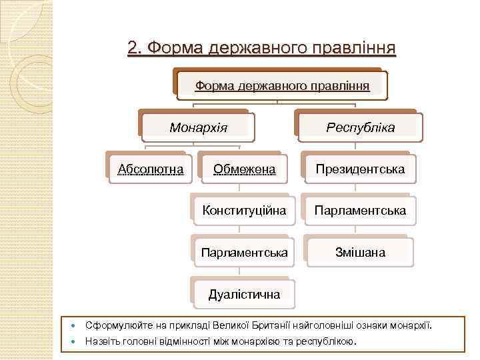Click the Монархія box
pyautogui.click(x=198, y=127)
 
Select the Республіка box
pyautogui.click(x=360, y=127)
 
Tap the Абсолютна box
pyautogui.click(x=151, y=169)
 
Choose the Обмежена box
pyautogui.click(x=244, y=169)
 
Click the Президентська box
pyautogui.click(x=360, y=169)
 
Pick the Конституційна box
pyautogui.click(x=244, y=211)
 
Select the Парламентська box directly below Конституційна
pyautogui.click(x=244, y=253)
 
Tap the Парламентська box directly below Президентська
pyautogui.click(x=360, y=211)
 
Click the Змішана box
pyautogui.click(x=360, y=253)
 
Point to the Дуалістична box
pyautogui.click(x=244, y=294)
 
